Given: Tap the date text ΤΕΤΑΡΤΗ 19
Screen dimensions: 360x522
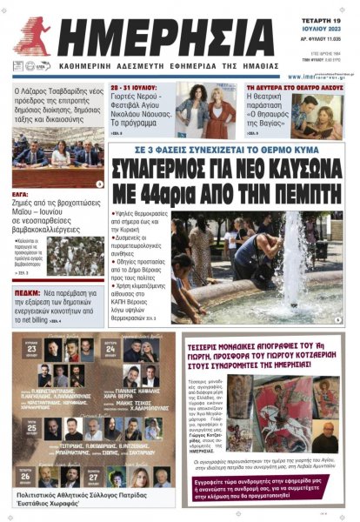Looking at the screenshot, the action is point(321,11).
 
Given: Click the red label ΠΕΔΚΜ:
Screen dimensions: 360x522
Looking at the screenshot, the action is point(29,293).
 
